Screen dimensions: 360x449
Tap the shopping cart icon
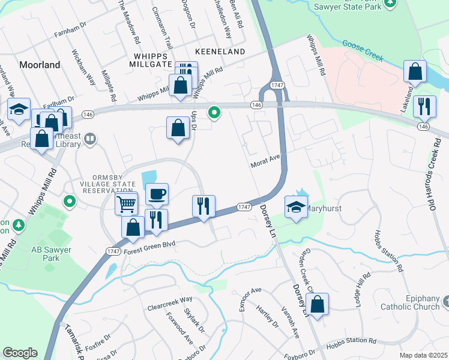click(127, 203)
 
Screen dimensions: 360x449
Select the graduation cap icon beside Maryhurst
click(295, 208)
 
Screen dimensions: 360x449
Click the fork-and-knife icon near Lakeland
click(424, 107)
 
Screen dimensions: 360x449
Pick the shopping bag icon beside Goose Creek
click(415, 72)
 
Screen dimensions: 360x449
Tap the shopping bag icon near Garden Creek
click(318, 304)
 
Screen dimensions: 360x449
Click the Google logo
click(20, 353)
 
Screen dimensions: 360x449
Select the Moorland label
click(40, 64)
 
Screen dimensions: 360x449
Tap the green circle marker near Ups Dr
click(213, 112)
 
